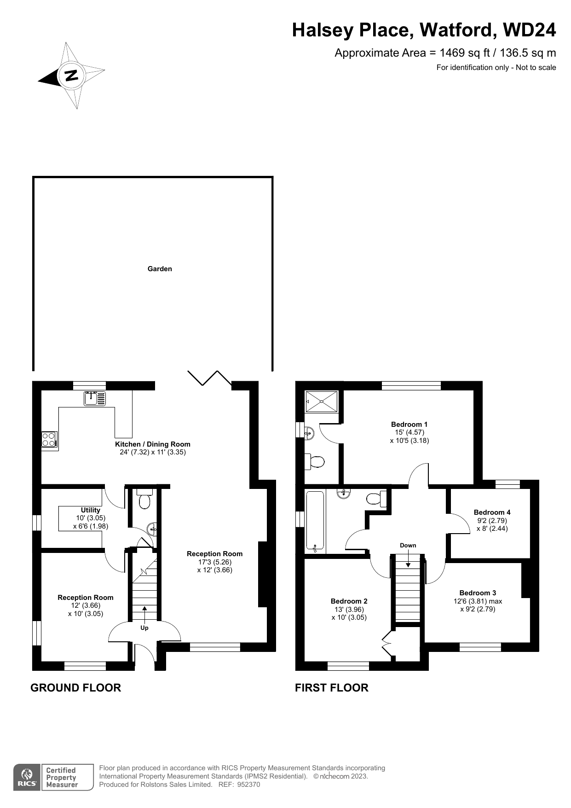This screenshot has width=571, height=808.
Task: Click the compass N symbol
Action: pyautogui.click(x=71, y=76)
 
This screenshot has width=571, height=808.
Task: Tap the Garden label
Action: pyautogui.click(x=160, y=269)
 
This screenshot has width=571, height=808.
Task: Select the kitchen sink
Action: pyautogui.click(x=95, y=398)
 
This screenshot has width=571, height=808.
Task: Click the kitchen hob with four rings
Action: pyautogui.click(x=49, y=439)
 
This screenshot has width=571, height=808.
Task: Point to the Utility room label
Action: pyautogui.click(x=91, y=510)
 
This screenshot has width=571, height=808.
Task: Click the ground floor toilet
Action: pyautogui.click(x=144, y=499)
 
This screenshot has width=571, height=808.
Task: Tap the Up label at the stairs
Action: pyautogui.click(x=144, y=628)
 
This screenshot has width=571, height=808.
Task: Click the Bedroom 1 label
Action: pyautogui.click(x=410, y=424)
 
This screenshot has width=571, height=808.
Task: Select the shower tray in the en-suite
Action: pyautogui.click(x=322, y=401)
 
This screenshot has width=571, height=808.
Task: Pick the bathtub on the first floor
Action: pyautogui.click(x=316, y=522)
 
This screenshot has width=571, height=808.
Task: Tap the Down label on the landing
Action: pyautogui.click(x=408, y=546)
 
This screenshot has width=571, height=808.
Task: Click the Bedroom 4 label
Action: pyautogui.click(x=492, y=512)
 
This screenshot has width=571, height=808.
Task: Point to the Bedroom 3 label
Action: pyautogui.click(x=478, y=593)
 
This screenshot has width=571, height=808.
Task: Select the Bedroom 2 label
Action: pyautogui.click(x=349, y=601)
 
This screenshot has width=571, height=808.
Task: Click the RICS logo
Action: pyautogui.click(x=27, y=778)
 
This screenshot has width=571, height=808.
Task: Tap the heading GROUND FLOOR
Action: pyautogui.click(x=76, y=688)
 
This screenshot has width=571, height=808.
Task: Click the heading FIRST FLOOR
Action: pyautogui.click(x=332, y=688)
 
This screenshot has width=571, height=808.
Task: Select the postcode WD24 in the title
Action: pyautogui.click(x=530, y=30)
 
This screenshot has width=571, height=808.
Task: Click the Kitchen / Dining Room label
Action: pyautogui.click(x=153, y=444)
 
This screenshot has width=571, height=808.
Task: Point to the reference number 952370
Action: pyautogui.click(x=249, y=785)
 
